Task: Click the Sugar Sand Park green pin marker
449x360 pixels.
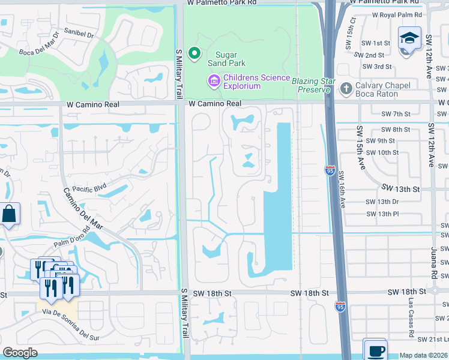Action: pyautogui.click(x=194, y=54)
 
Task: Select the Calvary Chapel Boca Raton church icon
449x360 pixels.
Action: pyautogui.click(x=345, y=89)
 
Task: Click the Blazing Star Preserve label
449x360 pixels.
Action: pyautogui.click(x=312, y=85)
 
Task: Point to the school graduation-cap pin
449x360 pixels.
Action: pyautogui.click(x=409, y=38)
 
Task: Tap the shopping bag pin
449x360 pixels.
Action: pyautogui.click(x=10, y=214)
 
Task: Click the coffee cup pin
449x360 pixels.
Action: pyautogui.click(x=375, y=350)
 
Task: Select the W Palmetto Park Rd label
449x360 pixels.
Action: pyautogui.click(x=221, y=3)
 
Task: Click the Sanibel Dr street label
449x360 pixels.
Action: pyautogui.click(x=79, y=35)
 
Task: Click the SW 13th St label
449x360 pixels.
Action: pyautogui.click(x=399, y=189)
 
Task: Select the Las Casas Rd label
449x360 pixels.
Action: pyautogui.click(x=411, y=323)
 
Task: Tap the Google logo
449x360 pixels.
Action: pyautogui.click(x=20, y=353)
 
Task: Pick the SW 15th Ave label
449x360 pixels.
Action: pyautogui.click(x=361, y=148)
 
